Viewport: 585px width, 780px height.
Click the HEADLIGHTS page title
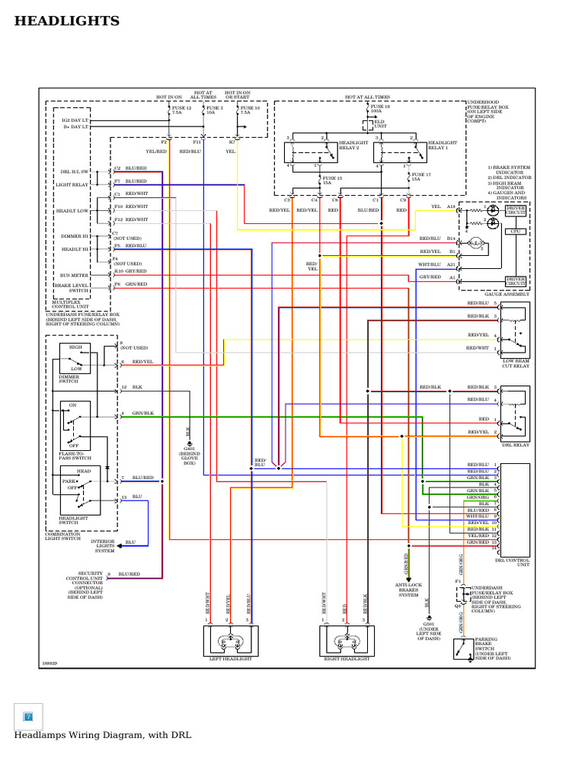pos(67,21)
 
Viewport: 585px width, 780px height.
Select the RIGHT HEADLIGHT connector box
pos(347,641)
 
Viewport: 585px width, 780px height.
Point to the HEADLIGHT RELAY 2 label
pos(353,145)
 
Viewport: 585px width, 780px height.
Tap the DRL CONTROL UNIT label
pos(511,562)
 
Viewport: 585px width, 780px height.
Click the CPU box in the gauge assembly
pos(515,231)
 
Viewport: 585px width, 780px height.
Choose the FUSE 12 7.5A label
pos(181,111)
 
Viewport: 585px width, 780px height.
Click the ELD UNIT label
pos(379,125)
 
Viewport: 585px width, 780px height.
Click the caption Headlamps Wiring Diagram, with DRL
pos(103,735)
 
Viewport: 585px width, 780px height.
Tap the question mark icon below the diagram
pos(29,716)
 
